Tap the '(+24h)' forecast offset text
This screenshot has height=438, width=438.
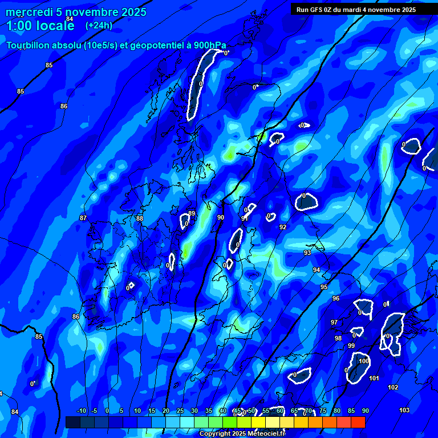coord(99,25)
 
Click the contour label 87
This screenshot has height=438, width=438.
coord(83,218)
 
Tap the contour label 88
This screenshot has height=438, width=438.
coord(140,218)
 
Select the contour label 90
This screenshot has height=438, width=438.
coord(221,217)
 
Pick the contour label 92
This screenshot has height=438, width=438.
coord(283,227)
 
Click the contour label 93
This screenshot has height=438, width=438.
coord(307,253)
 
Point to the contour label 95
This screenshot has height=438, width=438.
coord(324,287)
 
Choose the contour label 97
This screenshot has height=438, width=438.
coord(334,322)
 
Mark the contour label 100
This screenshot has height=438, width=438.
coord(363,361)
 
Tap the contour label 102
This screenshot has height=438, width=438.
coord(393,387)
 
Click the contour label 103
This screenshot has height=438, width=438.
coord(404,410)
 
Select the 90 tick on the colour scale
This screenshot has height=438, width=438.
coord(365,411)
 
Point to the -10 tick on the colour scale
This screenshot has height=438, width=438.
coord(82,411)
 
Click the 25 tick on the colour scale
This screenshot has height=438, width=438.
coord(180,411)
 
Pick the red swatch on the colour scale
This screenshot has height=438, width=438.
coord(358,422)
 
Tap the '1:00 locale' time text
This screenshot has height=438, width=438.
coord(40,26)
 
